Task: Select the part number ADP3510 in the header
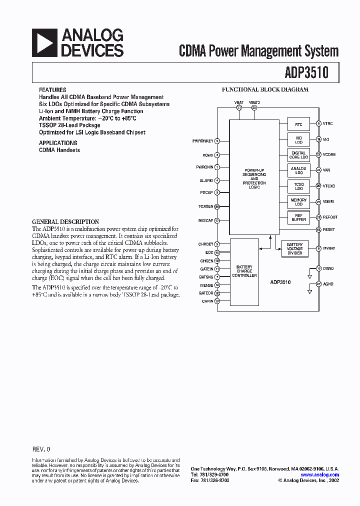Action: click(306, 72)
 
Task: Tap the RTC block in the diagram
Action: click(298, 124)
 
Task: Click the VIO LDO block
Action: click(298, 139)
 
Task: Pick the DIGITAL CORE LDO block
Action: click(298, 155)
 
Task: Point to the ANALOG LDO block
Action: click(298, 170)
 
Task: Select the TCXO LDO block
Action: click(298, 186)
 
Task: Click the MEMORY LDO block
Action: click(298, 201)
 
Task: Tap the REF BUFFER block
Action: click(298, 217)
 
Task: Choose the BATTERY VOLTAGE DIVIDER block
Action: click(294, 248)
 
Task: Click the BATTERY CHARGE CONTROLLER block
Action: click(244, 271)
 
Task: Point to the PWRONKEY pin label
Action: click(202, 141)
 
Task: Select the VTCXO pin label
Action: click(329, 186)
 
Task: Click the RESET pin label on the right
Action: click(328, 229)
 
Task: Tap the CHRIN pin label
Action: click(207, 301)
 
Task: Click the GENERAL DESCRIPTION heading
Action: click(65, 221)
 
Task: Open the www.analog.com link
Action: click(319, 474)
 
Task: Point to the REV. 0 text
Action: click(41, 449)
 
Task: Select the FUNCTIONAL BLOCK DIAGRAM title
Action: click(265, 90)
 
